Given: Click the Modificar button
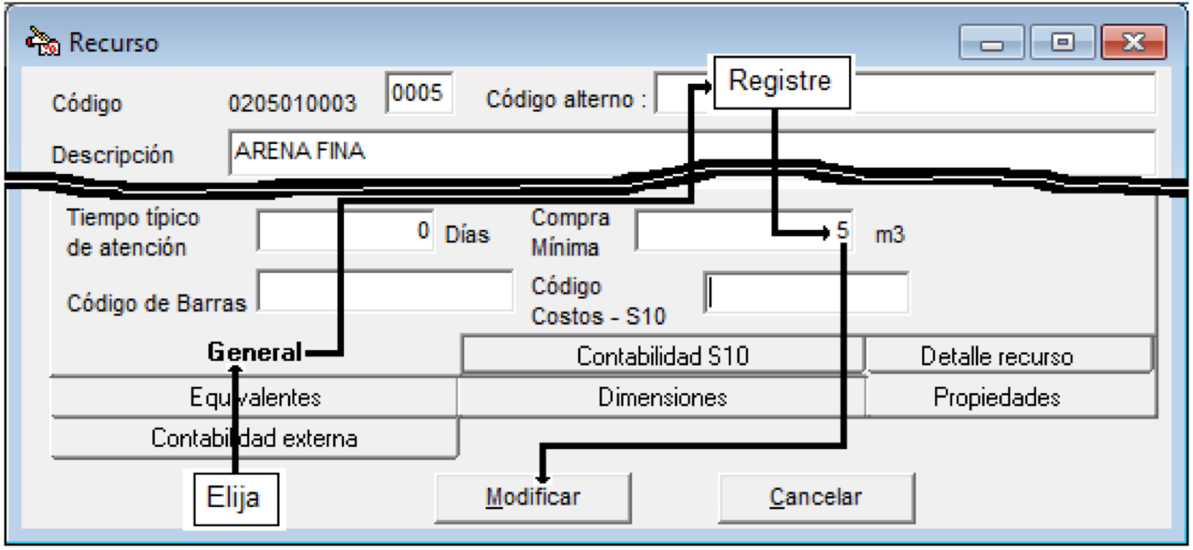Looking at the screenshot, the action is coord(533,498).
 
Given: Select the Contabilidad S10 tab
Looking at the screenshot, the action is coord(663,355).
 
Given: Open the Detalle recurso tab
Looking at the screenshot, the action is coord(996,355).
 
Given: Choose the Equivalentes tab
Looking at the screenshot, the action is coord(255,397).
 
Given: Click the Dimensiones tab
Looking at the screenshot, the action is coord(662,397).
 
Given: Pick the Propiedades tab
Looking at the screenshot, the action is coord(997,397).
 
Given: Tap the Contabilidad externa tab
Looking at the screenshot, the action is coord(255,438).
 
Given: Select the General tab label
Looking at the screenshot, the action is coord(255,352).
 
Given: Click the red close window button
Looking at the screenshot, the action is coord(1133,42).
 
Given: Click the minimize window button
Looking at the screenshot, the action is coord(991,42).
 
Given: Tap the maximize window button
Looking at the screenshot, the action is coord(1062,42).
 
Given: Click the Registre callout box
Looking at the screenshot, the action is coord(781,82).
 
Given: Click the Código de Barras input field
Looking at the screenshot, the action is coord(385,291).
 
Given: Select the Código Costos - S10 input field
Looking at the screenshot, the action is coord(807,293).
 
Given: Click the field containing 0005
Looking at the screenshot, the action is coord(419,92).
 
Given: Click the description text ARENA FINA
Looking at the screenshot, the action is coord(299,152).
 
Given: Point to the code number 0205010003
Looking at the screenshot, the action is coord(292,103).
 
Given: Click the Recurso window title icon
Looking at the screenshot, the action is coord(42,41).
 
